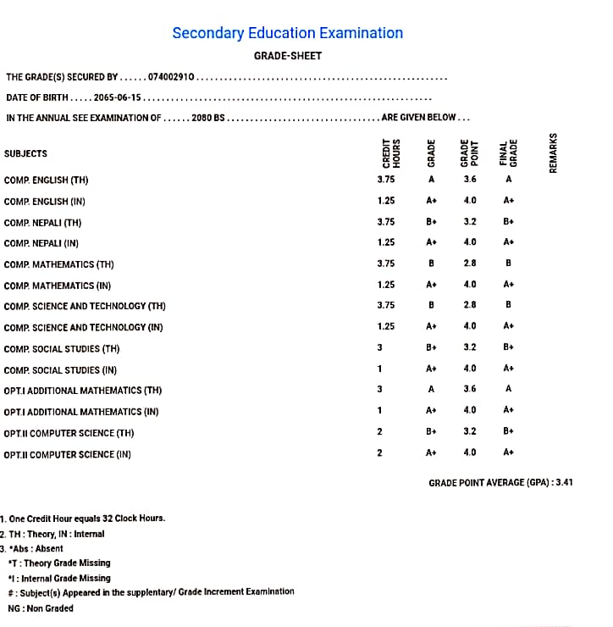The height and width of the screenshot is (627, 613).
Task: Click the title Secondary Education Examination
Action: click(287, 33)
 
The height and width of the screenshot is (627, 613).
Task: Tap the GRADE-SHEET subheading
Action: click(288, 56)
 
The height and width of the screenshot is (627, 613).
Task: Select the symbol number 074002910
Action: click(172, 77)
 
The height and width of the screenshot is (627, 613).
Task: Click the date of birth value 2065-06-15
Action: click(118, 97)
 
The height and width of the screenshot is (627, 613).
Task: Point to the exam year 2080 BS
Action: click(208, 118)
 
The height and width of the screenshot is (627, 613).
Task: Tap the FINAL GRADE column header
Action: click(508, 153)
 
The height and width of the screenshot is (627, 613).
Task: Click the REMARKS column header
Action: click(554, 153)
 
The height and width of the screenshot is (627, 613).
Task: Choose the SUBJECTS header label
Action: click(25, 154)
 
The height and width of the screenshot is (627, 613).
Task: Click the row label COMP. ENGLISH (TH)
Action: click(46, 180)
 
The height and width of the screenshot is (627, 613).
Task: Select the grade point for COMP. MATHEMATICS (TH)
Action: click(470, 263)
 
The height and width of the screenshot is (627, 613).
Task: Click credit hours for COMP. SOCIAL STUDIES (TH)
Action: click(380, 347)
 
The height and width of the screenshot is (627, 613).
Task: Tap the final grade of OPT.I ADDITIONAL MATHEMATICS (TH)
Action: click(508, 389)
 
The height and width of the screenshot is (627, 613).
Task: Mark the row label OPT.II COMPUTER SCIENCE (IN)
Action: click(68, 455)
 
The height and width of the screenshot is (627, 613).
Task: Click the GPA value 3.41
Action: click(564, 482)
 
